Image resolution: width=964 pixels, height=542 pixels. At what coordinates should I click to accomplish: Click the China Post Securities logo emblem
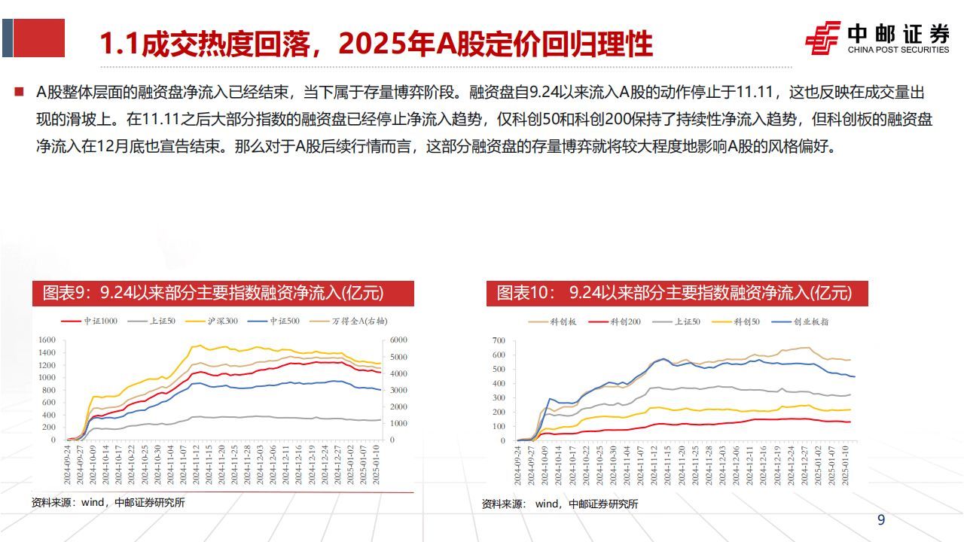pos(822,38)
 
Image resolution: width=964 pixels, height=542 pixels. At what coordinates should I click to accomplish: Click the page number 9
pos(881,520)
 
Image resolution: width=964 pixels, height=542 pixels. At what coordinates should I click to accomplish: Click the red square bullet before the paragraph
pos(18,93)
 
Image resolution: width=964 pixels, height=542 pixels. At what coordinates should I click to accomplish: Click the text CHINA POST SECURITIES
pos(898,50)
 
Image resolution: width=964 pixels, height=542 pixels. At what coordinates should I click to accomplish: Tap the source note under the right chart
pos(560,504)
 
